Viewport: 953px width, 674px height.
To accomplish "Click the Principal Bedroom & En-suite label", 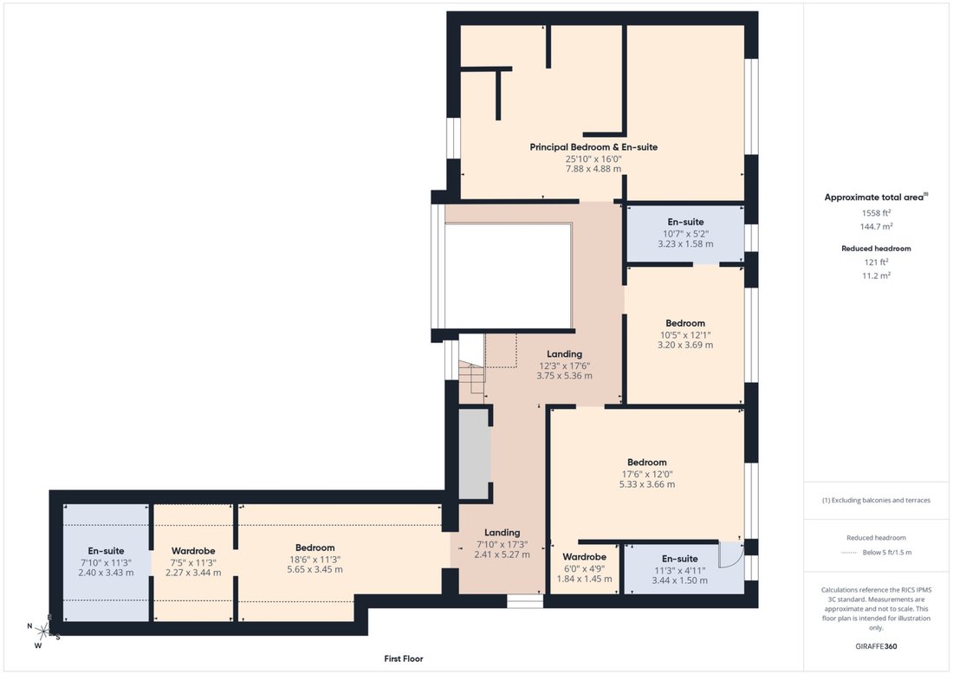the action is click(593, 147).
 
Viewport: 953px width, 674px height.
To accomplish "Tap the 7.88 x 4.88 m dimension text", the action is click(593, 169).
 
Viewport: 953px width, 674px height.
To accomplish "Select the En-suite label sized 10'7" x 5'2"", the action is click(685, 222).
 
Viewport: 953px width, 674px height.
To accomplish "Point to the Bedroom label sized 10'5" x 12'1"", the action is click(685, 323).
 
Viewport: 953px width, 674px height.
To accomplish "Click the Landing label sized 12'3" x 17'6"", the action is click(564, 353).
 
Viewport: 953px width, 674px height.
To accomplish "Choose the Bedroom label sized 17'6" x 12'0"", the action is click(646, 462).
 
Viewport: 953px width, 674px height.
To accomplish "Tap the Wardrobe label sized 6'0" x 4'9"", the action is click(584, 557).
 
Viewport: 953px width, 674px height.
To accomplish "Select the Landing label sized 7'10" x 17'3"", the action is click(502, 533).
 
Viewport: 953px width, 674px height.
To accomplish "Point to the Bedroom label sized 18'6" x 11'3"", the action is click(314, 548).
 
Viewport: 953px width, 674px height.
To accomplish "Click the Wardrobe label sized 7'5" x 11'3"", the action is click(193, 551).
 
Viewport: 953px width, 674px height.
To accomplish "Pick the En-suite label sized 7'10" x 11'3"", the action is click(106, 551).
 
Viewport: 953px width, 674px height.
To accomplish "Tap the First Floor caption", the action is click(404, 658).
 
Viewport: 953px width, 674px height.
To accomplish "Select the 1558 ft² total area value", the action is click(876, 213).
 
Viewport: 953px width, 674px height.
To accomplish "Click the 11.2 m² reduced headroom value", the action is click(876, 275).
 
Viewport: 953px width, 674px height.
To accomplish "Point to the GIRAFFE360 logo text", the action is click(876, 646).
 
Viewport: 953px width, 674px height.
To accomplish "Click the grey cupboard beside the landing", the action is click(474, 454).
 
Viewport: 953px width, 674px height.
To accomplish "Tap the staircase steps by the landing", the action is click(471, 382).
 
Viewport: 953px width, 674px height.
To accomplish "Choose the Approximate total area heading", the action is click(876, 197).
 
